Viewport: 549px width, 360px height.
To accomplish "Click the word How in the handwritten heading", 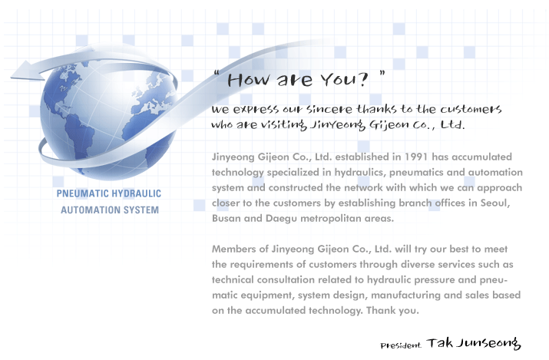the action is click(x=249, y=80).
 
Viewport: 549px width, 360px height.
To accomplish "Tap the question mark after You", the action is click(x=363, y=79).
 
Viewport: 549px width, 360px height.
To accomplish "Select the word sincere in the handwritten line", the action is click(x=329, y=109).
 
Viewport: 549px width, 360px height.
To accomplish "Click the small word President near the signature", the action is click(x=401, y=345).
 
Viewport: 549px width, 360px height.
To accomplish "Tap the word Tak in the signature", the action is click(x=439, y=343).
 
